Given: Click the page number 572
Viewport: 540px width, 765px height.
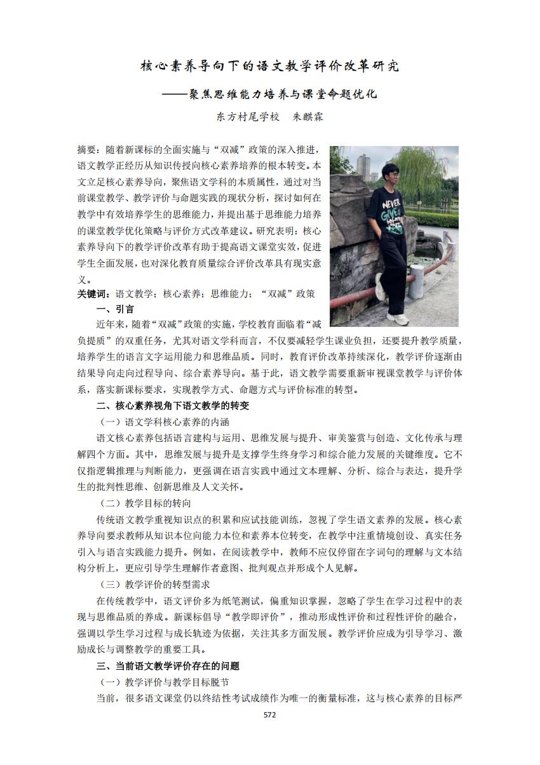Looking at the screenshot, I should (x=270, y=714).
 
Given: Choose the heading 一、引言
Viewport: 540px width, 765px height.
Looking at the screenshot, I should (x=115, y=309).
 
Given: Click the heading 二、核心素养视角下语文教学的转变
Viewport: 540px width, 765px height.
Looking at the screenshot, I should (x=172, y=406).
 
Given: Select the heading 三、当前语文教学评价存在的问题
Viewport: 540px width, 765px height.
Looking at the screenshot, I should (x=168, y=666).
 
